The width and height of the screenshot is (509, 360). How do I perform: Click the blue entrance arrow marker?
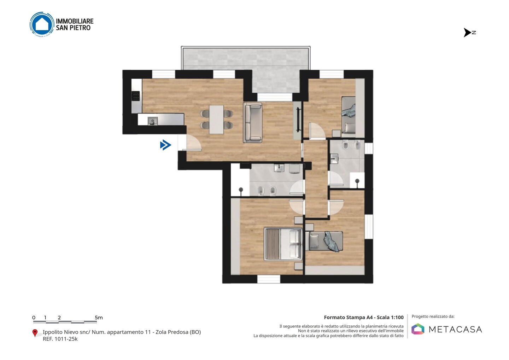pos(166,145)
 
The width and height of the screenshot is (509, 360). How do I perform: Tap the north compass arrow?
pos(467,33)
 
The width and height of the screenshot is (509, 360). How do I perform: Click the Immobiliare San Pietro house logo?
pos(42,24)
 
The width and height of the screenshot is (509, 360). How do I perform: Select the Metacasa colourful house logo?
pos(418,329)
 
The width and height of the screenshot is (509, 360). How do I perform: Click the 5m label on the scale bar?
pos(99,318)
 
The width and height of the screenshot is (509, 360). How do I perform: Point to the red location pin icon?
pos(35,333)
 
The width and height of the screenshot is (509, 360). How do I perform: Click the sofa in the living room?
pos(252,122)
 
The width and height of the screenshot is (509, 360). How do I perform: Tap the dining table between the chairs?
pos(216,120)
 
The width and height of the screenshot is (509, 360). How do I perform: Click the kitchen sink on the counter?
pos(153,121)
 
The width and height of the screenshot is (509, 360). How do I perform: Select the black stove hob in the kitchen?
pos(136,96)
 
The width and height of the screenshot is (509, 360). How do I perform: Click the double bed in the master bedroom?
pos(283,244)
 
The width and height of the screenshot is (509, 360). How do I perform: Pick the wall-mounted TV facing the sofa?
pos(298,120)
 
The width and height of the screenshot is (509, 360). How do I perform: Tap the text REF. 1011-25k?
pos(60,339)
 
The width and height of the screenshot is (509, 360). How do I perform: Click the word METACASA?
pos(455,329)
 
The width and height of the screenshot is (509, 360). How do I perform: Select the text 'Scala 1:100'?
pos(390,317)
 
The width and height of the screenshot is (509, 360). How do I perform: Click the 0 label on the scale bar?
pos(34,318)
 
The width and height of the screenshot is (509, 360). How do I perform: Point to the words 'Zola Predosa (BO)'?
pos(178,332)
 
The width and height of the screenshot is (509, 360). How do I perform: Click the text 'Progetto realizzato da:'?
pos(433,317)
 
